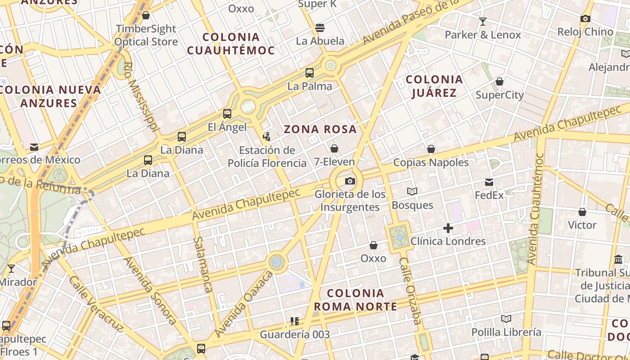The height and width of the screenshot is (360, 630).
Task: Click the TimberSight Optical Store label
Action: click(146, 35)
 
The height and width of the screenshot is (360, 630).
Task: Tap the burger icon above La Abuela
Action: click(320, 27)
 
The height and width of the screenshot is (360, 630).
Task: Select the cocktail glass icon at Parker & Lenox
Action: click(483, 21)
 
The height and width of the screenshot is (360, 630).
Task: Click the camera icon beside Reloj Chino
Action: click(585, 18)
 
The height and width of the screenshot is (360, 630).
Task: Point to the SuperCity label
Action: click(499, 95)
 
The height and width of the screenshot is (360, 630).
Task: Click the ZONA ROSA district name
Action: click(320, 130)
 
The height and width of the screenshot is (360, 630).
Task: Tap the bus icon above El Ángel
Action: click(227, 114)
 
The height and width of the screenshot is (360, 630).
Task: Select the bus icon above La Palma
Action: click(310, 73)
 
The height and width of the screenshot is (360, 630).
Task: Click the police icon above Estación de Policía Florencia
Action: click(267, 136)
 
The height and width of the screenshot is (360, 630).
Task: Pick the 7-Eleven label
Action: click(334, 162)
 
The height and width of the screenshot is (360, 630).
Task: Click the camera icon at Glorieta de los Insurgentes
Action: click(350, 181)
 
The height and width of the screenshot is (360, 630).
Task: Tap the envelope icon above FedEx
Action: click(489, 182)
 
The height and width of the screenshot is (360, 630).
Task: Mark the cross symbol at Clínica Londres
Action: click(448, 228)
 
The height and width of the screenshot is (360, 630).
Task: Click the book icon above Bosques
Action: click(412, 192)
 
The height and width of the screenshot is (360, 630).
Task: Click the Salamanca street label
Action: click(202, 265)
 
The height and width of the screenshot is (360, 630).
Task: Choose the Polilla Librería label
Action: click(506, 332)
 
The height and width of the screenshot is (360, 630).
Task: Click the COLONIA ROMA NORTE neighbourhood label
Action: click(355, 300)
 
